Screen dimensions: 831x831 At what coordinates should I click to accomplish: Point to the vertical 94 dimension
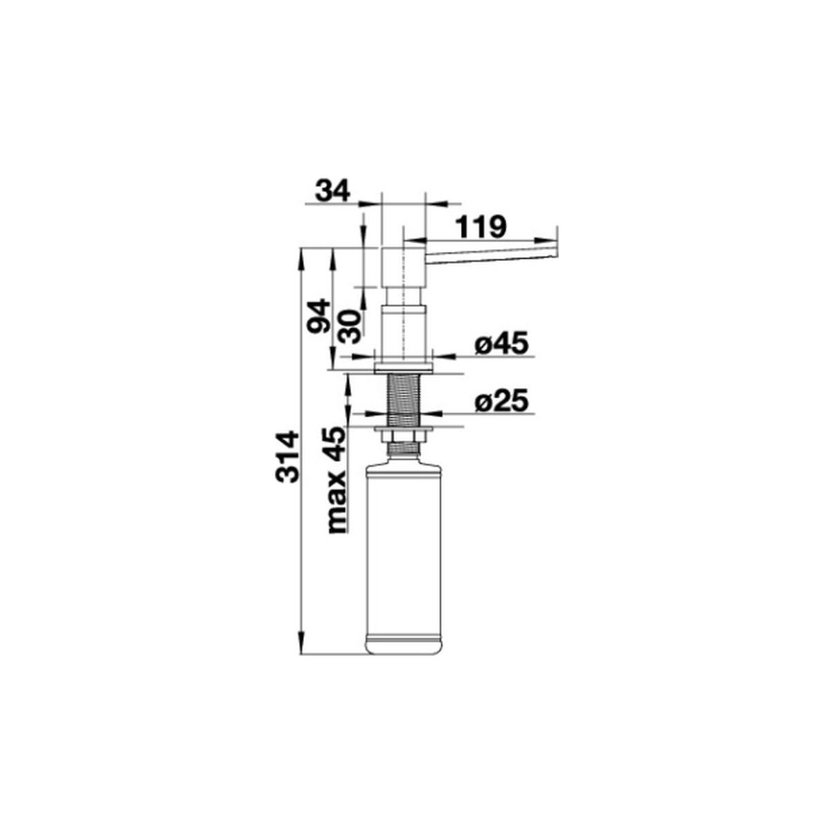pyautogui.click(x=319, y=316)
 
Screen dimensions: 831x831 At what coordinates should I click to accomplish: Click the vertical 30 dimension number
pyautogui.click(x=350, y=325)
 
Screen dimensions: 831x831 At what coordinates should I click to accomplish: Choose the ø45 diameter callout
pyautogui.click(x=501, y=344)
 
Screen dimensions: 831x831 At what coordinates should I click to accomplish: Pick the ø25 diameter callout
pyautogui.click(x=501, y=402)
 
